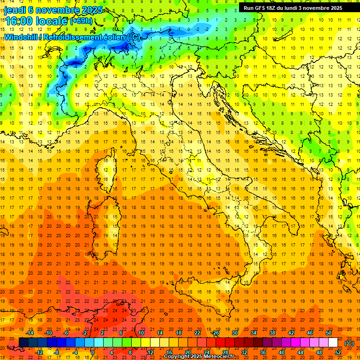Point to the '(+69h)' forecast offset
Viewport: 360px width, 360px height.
[x=81, y=21]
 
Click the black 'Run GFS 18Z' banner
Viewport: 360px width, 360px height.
[x=293, y=8]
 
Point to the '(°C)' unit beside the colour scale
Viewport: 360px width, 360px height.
[x=349, y=343]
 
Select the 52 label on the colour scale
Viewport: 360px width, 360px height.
[x=338, y=352]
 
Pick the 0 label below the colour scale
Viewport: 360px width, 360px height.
[x=93, y=352]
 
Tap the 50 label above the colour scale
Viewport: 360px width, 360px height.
[x=329, y=333]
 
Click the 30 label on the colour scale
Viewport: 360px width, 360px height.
[x=234, y=333]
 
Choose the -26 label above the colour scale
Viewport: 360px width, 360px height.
[x=215, y=333]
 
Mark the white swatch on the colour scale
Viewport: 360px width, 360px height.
[x=333, y=343]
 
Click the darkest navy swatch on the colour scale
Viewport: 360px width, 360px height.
[x=23, y=343]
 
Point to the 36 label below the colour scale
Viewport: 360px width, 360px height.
[x=263, y=352]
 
